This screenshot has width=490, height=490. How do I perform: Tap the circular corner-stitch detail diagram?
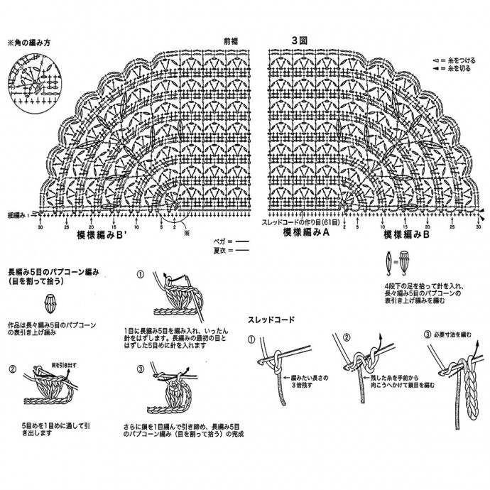coord(32,81)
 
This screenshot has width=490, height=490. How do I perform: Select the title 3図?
coord(298,40)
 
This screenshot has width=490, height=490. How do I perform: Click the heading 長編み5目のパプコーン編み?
coord(54,271)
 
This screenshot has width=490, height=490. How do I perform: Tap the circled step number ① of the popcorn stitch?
coord(141,273)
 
